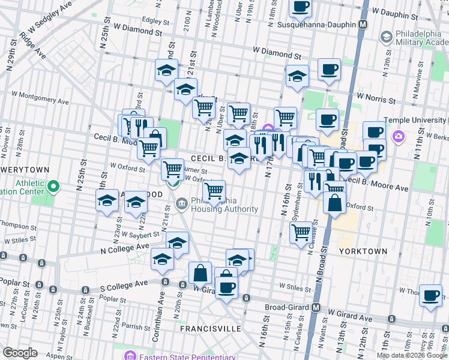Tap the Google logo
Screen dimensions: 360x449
[20, 352]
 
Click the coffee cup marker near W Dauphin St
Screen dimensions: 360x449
[301, 7]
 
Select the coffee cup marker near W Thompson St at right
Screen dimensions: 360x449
[430, 295]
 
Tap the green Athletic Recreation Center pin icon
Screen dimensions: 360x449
[53, 188]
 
